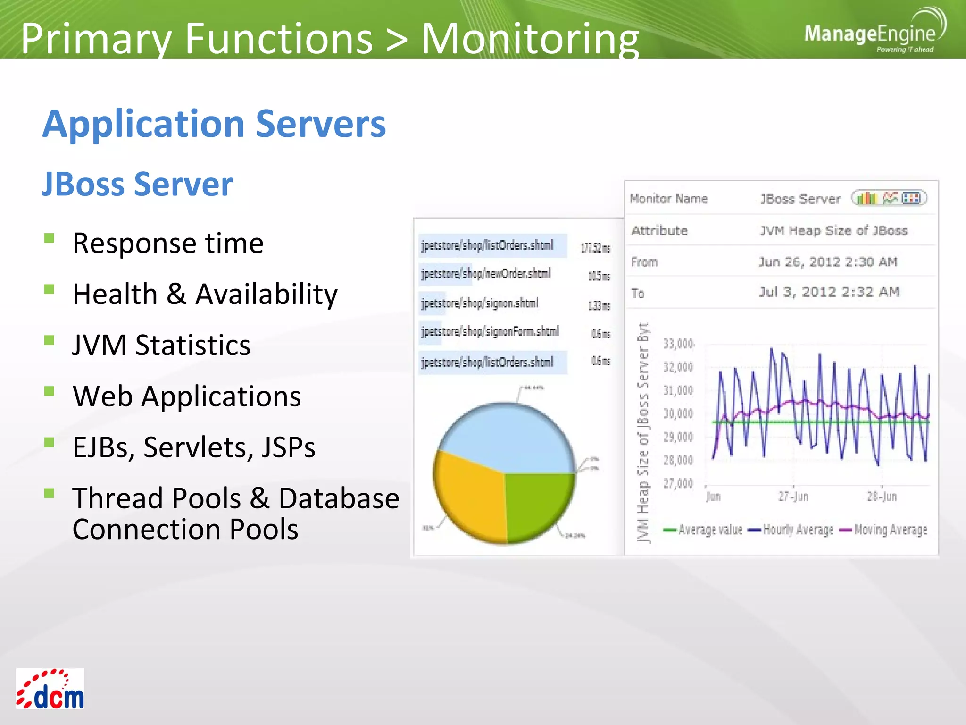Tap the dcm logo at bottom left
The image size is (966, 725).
point(50,690)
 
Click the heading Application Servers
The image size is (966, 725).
point(214,124)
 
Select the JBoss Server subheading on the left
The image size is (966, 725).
point(137,184)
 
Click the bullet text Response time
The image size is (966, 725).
point(168,244)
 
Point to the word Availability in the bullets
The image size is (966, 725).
point(266,294)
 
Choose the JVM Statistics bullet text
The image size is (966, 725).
point(161,345)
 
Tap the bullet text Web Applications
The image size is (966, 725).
point(187,396)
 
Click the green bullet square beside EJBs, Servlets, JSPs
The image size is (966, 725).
point(49,442)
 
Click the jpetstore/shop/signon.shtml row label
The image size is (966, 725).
point(480,303)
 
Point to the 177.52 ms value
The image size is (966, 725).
point(595,248)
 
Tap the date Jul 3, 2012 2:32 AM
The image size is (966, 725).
point(829,292)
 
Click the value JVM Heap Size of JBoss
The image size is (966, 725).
point(833,230)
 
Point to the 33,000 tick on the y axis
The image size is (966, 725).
point(678,344)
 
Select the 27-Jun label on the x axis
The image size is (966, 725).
point(793,497)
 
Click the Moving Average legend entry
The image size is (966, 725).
point(884,530)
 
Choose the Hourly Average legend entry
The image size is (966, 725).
point(792,530)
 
